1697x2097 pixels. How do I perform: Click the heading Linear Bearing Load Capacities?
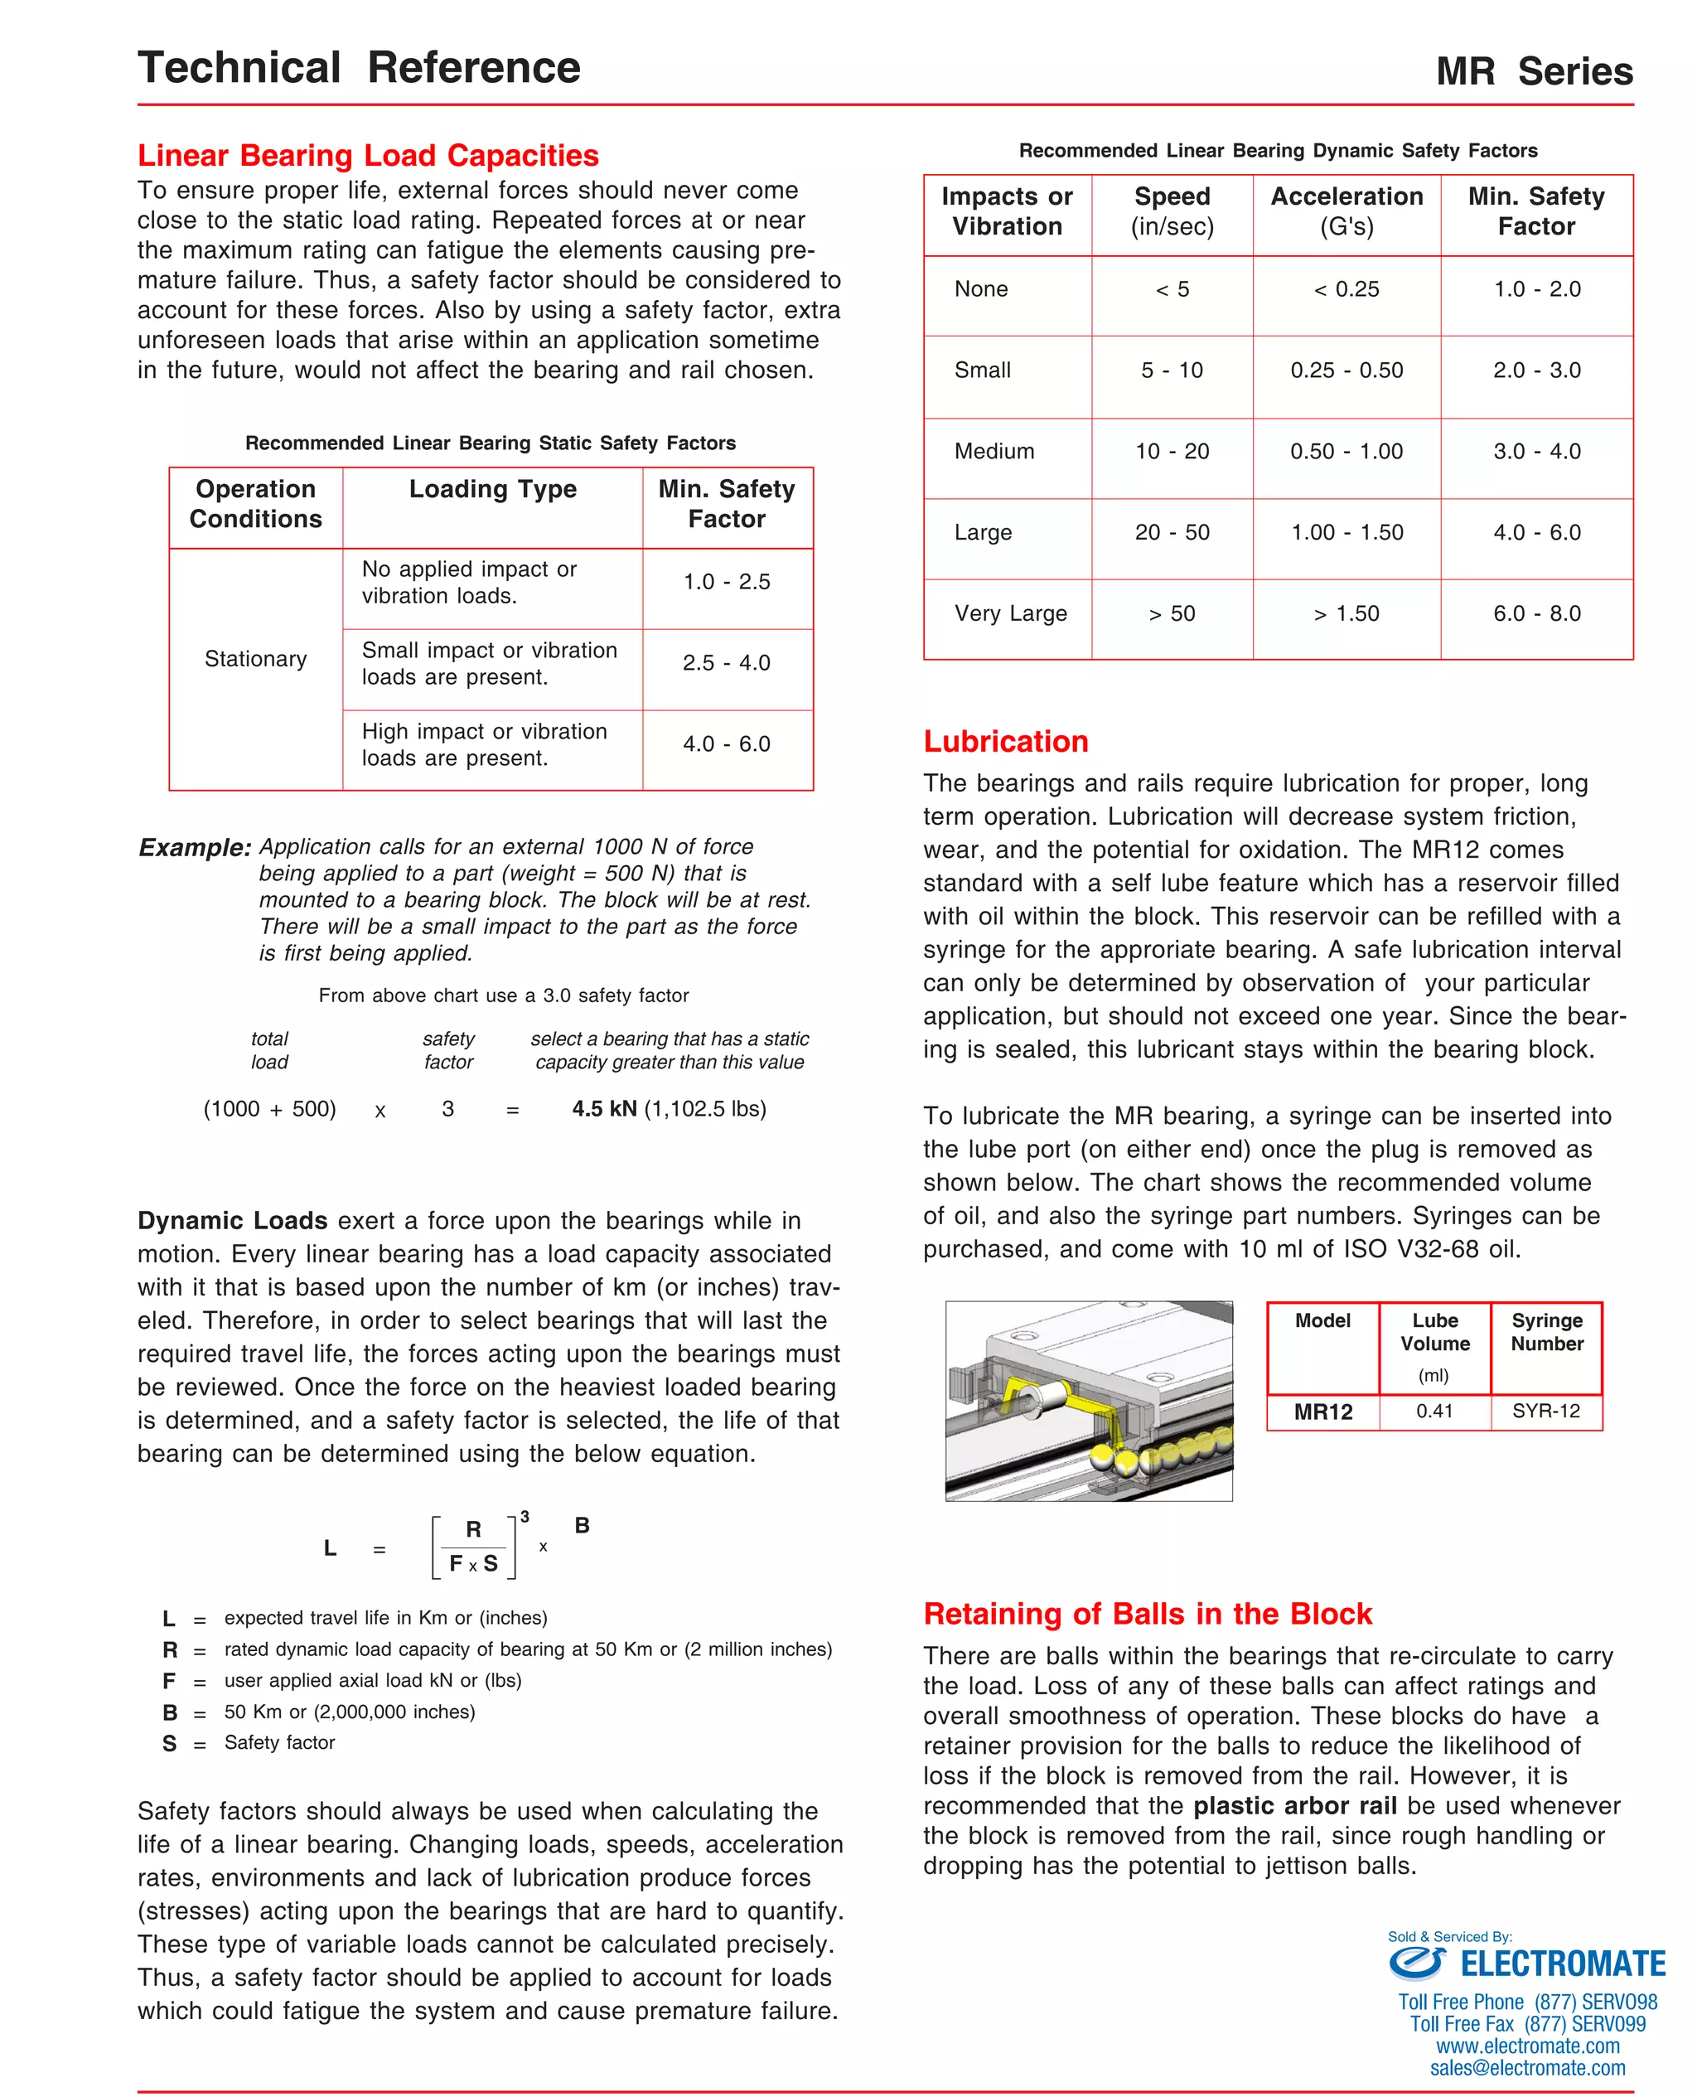click(368, 156)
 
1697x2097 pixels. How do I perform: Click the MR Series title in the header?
click(1533, 71)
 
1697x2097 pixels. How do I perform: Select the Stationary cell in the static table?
click(255, 659)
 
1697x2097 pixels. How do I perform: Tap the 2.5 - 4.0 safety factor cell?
click(727, 663)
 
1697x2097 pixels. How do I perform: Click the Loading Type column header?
click(493, 489)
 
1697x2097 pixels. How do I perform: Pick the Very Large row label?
click(1010, 613)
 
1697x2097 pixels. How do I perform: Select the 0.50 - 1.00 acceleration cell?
click(1346, 452)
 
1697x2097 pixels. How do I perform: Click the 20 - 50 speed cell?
click(1171, 533)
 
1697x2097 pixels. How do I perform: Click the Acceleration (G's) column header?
click(1346, 211)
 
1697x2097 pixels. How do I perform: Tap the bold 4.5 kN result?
click(604, 1109)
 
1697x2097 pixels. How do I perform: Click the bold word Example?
click(195, 848)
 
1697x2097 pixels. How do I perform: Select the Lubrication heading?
click(1005, 741)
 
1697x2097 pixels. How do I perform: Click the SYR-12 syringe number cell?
click(1545, 1411)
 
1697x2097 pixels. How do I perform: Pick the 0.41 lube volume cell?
click(1434, 1411)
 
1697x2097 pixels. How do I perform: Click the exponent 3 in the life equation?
click(525, 1516)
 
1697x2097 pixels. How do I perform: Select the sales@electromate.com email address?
click(1527, 2068)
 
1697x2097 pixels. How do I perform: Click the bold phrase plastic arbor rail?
click(1294, 1806)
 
